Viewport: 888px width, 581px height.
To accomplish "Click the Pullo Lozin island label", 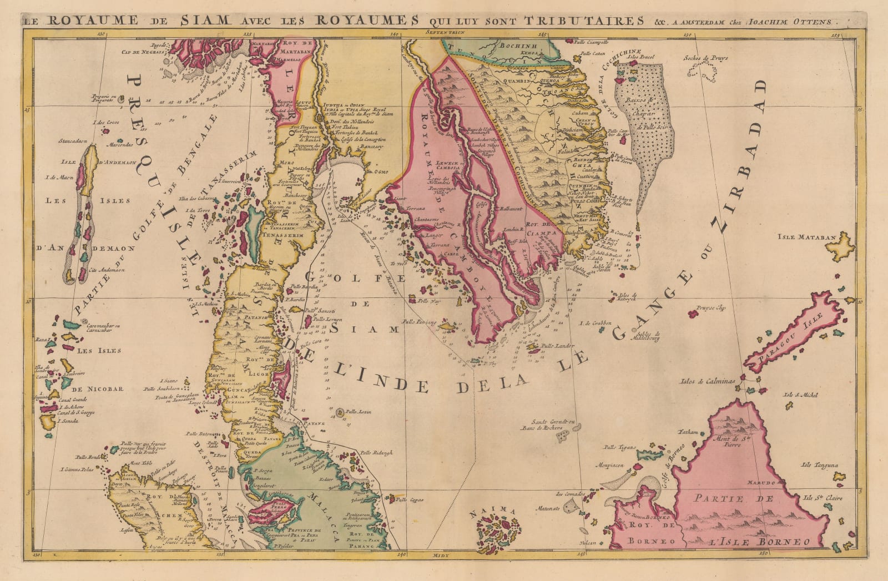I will click(x=358, y=413).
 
